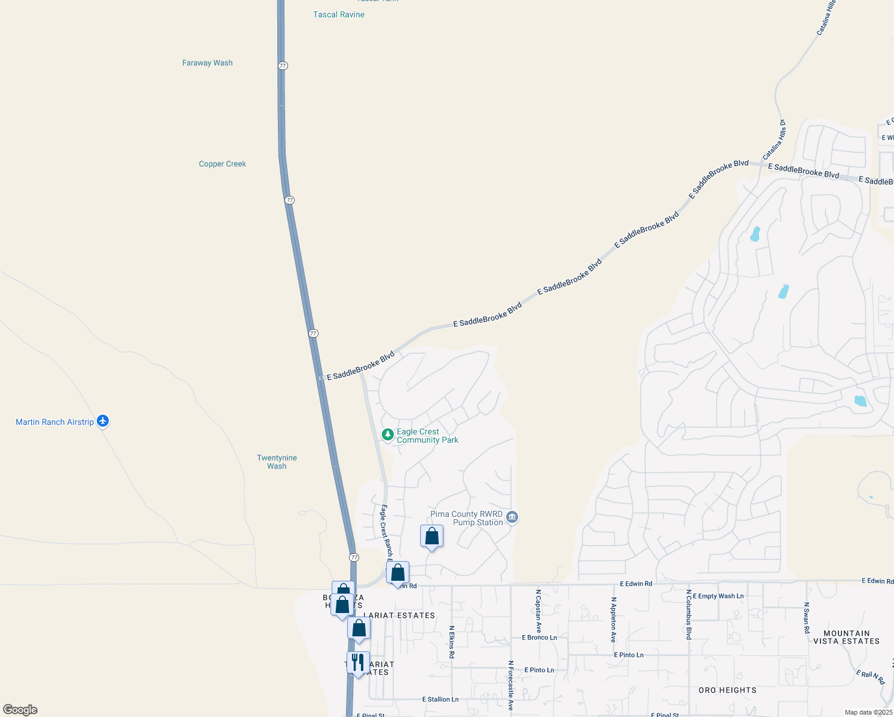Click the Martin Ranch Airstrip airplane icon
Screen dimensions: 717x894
[x=103, y=421]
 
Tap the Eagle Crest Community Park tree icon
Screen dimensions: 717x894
[x=387, y=435]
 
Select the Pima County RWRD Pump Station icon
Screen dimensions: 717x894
[x=512, y=517]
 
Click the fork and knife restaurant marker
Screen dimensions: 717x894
[x=358, y=663]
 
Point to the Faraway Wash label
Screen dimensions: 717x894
[x=207, y=63]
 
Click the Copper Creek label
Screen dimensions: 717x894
[x=222, y=164]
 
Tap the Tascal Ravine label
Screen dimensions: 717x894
[x=339, y=14]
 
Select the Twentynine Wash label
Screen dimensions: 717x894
[x=277, y=462]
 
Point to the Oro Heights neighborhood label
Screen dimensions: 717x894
[x=727, y=690]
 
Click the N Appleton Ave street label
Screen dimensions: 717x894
[x=613, y=620]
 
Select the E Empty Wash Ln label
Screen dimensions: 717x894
[x=718, y=596]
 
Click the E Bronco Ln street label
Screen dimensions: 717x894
[x=539, y=638]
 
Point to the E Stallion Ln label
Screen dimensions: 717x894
[x=440, y=699]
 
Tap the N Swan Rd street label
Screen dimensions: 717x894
[x=806, y=618]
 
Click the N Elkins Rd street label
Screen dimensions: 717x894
[x=452, y=642]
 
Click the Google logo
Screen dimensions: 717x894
[x=20, y=710]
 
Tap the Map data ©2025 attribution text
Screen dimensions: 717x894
[x=868, y=712]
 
